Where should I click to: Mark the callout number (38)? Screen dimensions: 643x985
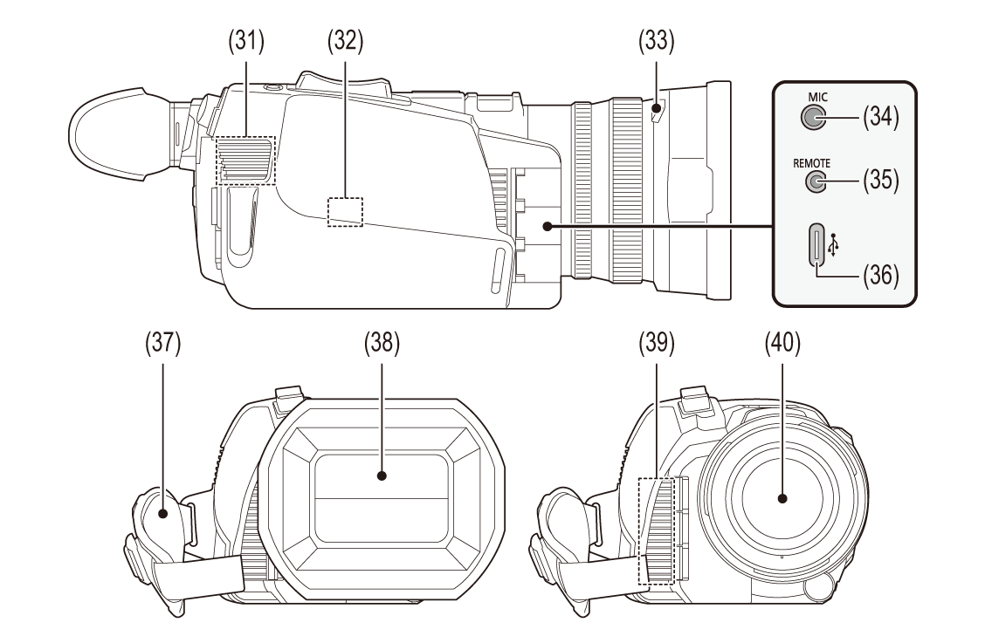click(x=382, y=344)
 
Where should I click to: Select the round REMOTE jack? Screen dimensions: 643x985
click(x=815, y=181)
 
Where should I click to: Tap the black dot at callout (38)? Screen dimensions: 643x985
click(x=382, y=475)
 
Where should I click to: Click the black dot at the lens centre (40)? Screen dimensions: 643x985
click(x=782, y=499)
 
